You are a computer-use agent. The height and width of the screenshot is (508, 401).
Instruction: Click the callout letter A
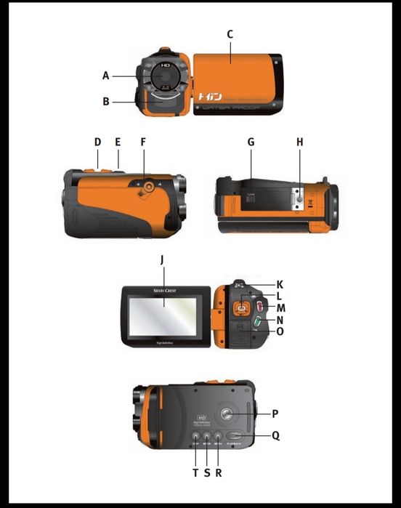106,75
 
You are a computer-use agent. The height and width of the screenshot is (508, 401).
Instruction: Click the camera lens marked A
165,75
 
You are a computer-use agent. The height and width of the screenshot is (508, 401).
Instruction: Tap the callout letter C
230,34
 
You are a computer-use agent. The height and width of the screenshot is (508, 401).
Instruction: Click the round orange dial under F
148,188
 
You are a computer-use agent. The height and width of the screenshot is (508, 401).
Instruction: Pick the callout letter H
299,142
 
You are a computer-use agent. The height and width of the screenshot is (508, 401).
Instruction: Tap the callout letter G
251,142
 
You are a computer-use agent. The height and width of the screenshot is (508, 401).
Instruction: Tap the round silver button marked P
227,414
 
